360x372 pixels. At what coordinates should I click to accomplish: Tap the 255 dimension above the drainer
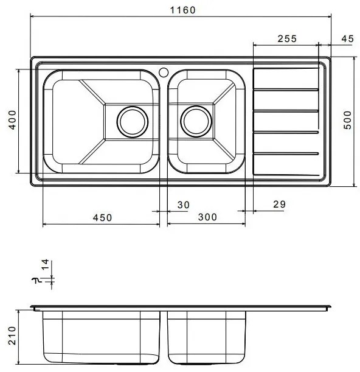(286, 38)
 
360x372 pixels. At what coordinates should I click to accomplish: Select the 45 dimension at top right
(347, 38)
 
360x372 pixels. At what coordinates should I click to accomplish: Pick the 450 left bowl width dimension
(102, 218)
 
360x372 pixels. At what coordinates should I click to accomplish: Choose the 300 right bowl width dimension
(207, 218)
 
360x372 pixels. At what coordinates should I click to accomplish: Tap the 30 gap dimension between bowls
(182, 205)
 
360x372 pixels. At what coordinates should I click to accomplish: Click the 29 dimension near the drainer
(279, 205)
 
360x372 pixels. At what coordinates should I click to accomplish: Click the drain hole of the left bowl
(132, 120)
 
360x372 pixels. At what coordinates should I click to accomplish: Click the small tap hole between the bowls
(163, 72)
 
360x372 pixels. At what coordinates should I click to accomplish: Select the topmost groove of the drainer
(286, 90)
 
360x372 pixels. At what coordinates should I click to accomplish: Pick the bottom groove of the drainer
(286, 153)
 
